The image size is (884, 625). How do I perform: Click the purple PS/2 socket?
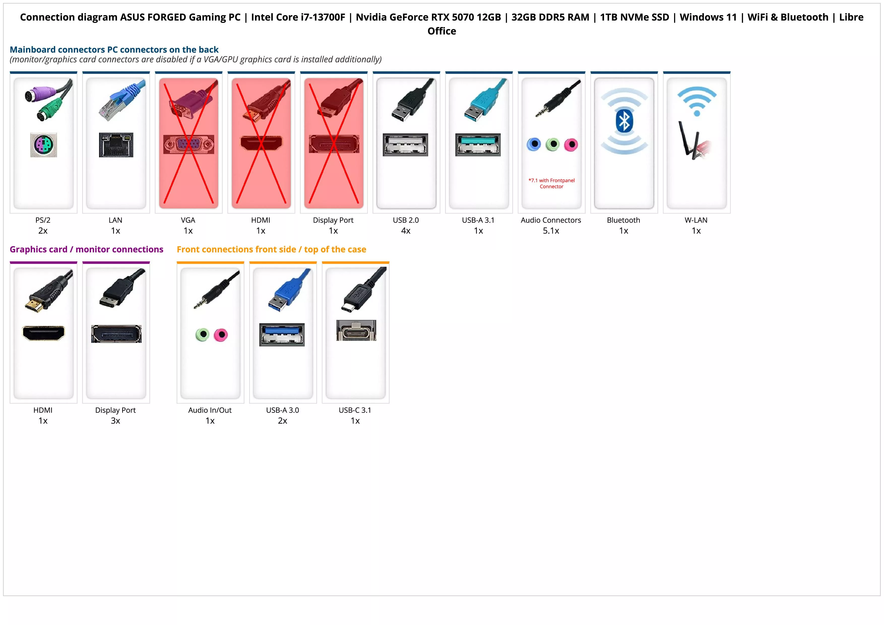[x=44, y=145]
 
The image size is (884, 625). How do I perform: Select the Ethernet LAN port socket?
[x=116, y=145]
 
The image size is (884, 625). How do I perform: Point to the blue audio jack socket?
[x=534, y=144]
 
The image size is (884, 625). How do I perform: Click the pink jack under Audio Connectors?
[x=571, y=144]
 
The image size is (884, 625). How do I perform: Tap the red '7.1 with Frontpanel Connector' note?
[x=551, y=183]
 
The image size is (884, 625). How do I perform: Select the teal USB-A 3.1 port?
[x=478, y=144]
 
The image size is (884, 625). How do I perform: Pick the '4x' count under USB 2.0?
[x=406, y=231]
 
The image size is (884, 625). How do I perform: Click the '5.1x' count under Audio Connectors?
[x=551, y=231]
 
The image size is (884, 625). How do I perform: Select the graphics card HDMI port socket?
[x=44, y=333]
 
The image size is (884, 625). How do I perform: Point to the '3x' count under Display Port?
[x=115, y=421]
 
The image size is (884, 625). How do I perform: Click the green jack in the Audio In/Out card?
[x=202, y=335]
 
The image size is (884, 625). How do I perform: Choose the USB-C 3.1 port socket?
[x=356, y=331]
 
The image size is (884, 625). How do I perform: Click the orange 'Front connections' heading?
[x=271, y=250]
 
